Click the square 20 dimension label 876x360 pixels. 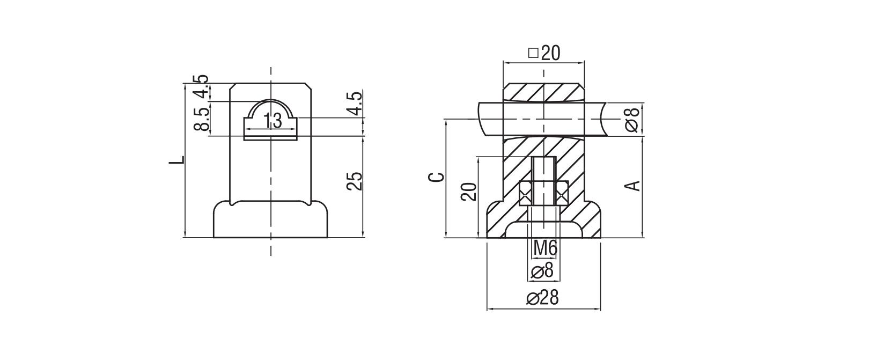click(x=544, y=53)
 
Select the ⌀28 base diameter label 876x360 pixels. click(x=542, y=298)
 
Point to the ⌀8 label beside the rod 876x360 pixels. click(x=632, y=120)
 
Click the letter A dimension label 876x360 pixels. click(x=634, y=186)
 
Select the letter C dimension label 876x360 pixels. click(x=438, y=177)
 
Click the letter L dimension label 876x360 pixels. click(x=178, y=160)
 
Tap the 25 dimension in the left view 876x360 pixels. click(x=355, y=181)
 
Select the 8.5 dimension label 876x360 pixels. click(x=201, y=119)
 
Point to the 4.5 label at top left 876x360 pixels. click(x=201, y=87)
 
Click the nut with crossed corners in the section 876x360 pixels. click(x=543, y=193)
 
